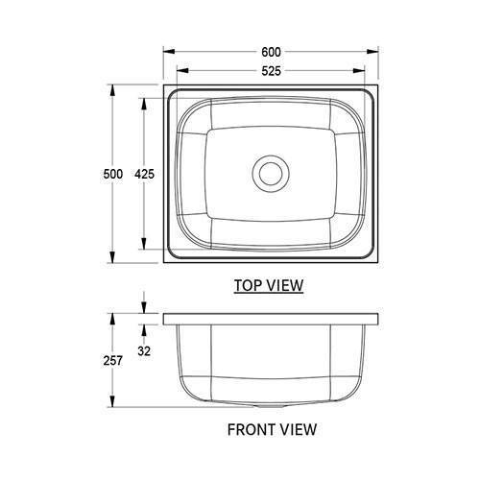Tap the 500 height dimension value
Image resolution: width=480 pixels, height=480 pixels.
114,174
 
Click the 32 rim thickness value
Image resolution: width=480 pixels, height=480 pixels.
145,351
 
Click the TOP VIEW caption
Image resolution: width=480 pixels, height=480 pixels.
269,285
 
